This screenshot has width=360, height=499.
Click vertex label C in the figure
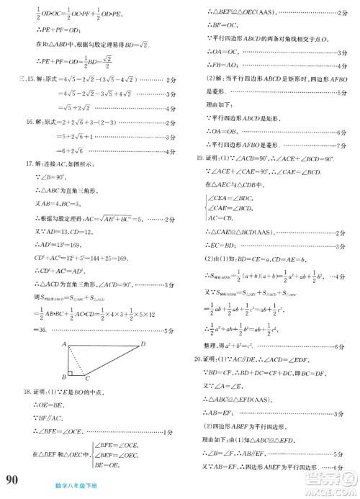[x=88, y=379]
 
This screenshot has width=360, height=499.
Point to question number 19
[x=192, y=158]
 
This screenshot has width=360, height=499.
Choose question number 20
[x=192, y=358]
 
